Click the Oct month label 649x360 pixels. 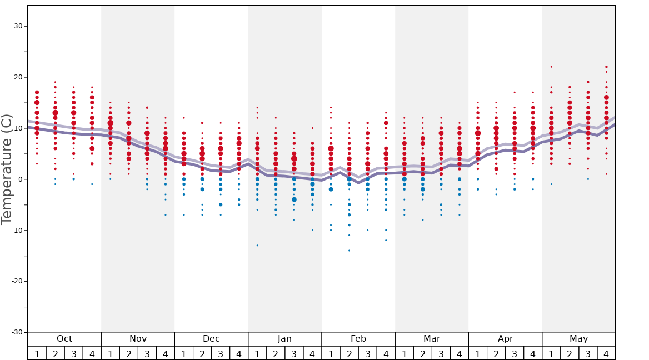(x=64, y=339)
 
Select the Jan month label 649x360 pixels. (x=284, y=339)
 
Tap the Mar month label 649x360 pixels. (x=432, y=339)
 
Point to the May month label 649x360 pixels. (x=578, y=339)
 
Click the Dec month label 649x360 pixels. (x=211, y=339)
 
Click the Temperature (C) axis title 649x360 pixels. (x=7, y=169)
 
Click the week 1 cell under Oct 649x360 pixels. (x=37, y=353)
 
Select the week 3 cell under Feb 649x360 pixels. (x=367, y=353)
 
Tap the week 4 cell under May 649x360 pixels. (x=606, y=353)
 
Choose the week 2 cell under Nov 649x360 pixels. (x=129, y=353)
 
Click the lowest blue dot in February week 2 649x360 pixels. (x=349, y=251)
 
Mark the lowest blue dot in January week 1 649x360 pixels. (x=257, y=245)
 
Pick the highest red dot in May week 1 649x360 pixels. (x=551, y=67)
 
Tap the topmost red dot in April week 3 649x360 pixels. (x=515, y=92)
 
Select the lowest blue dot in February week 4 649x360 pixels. (x=386, y=240)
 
